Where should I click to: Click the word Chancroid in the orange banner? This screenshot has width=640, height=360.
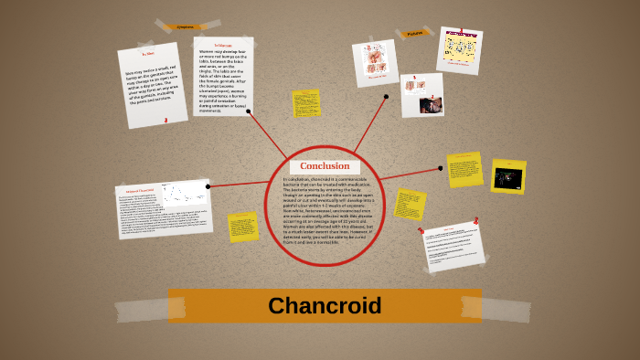(325, 306)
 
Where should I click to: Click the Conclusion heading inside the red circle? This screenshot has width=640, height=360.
(325, 165)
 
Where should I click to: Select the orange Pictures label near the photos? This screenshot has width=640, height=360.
(413, 34)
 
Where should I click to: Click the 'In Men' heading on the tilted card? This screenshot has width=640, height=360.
(148, 54)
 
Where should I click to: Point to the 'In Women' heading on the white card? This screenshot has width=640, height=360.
(223, 45)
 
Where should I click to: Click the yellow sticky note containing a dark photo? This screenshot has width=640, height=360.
(508, 176)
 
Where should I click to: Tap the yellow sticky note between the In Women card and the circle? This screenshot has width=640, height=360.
(305, 103)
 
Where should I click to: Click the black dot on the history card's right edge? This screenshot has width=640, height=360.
(208, 186)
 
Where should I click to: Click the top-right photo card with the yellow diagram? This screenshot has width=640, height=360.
(459, 49)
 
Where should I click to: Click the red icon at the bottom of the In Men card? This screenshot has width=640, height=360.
(165, 120)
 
